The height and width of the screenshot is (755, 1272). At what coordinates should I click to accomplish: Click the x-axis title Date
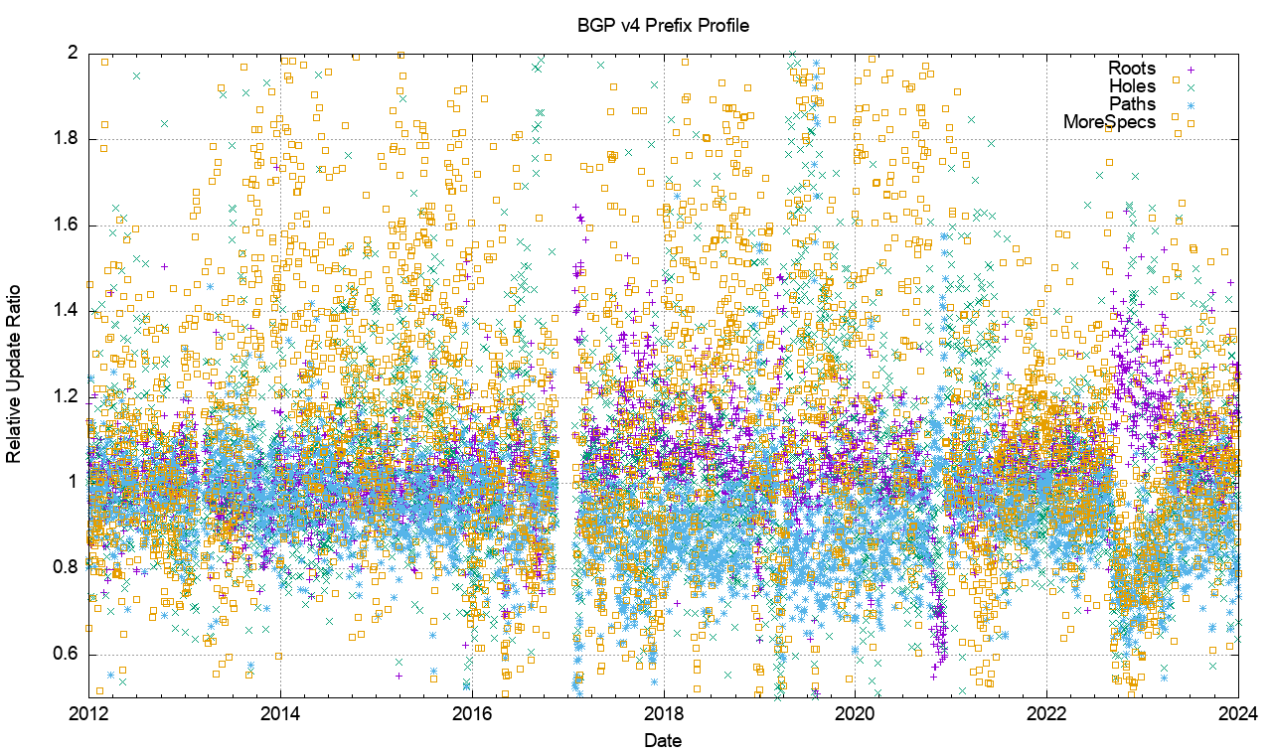(663, 740)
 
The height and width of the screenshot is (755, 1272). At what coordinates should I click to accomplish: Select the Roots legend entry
(1132, 69)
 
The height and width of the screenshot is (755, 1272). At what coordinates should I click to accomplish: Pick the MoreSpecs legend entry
(1109, 122)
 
